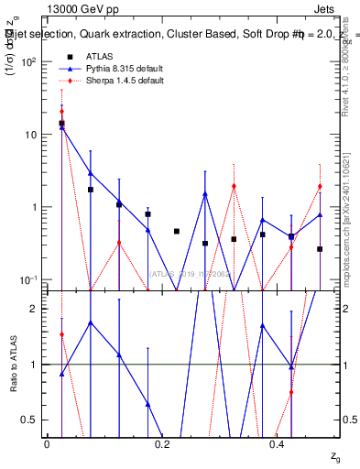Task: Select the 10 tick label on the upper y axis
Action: click(33, 135)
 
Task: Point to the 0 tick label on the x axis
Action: click(47, 444)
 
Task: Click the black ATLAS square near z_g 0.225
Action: click(177, 231)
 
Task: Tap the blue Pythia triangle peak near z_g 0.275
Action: click(205, 194)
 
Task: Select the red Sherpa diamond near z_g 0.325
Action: click(234, 186)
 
